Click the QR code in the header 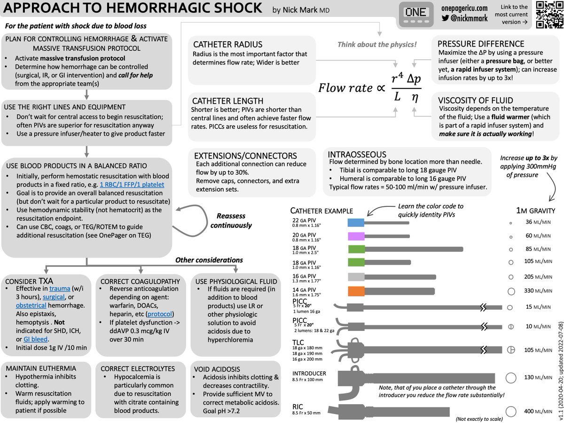coord(549,15)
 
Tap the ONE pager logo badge coord(416,14)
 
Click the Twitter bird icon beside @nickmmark coord(445,18)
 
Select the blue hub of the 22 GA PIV coord(356,222)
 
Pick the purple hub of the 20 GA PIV coord(356,236)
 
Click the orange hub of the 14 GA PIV coord(356,291)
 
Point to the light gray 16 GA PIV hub coord(356,277)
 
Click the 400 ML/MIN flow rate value coord(538,411)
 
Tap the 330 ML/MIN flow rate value coord(538,291)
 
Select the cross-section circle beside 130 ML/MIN coord(511,378)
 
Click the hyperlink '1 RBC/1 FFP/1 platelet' coord(132,185)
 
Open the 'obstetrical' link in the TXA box coord(31,305)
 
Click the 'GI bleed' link coord(35,339)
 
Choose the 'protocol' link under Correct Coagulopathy coord(159,314)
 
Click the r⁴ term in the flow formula coord(397,78)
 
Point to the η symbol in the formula coord(415,97)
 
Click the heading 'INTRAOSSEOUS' coord(357,154)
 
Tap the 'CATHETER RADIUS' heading coord(227,45)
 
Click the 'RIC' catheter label coord(298,407)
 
